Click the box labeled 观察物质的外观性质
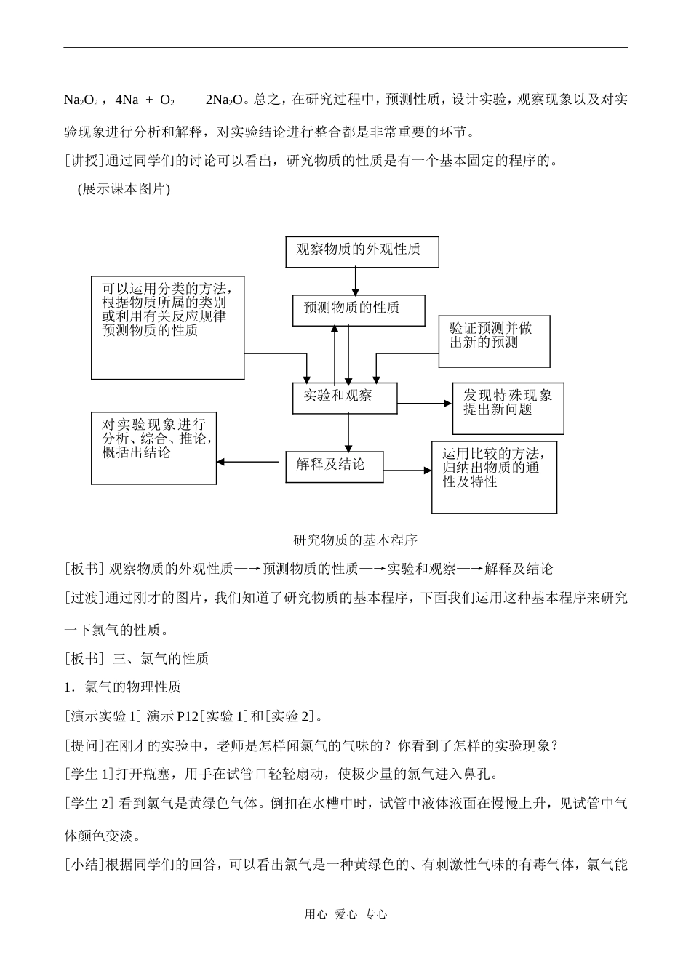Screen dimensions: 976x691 click(362, 251)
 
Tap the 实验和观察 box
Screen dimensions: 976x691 click(345, 397)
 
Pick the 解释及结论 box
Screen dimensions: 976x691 click(334, 465)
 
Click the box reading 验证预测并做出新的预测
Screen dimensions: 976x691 click(494, 340)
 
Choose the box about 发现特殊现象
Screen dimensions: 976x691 click(508, 407)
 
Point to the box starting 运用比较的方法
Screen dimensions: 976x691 click(494, 476)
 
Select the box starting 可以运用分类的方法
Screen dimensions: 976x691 click(167, 327)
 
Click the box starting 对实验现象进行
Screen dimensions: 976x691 click(153, 447)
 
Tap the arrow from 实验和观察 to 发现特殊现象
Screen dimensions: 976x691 click(425, 403)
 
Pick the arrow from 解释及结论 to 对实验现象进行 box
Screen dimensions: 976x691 click(251, 462)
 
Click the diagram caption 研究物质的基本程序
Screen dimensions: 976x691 click(355, 540)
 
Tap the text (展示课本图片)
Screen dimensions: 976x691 click(123, 189)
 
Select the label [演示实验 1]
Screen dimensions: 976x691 click(103, 716)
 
